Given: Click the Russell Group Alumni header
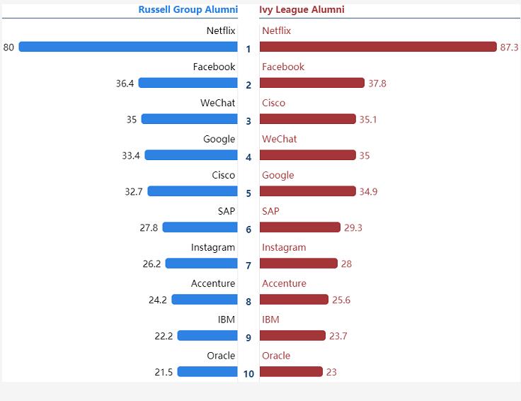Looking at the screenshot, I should click(188, 10).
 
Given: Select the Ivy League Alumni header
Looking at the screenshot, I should click(302, 10).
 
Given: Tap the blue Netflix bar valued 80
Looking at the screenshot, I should click(128, 47).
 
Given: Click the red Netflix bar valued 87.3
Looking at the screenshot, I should click(378, 47).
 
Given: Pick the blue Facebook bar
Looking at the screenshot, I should click(188, 83).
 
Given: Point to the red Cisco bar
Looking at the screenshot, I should click(307, 119).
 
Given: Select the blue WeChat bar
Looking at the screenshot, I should click(189, 119).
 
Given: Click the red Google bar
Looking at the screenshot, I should click(307, 191).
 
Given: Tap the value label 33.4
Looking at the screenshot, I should click(131, 156).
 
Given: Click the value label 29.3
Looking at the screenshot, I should click(353, 228).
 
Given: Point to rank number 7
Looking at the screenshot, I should click(248, 266).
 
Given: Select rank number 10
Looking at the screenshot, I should click(248, 374).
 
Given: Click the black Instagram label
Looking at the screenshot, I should click(213, 247).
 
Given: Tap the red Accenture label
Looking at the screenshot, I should click(284, 283).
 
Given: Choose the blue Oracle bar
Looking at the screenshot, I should click(207, 372).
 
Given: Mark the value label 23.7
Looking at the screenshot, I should click(338, 337).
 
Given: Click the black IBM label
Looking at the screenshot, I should click(227, 320).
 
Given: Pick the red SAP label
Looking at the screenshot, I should click(270, 211).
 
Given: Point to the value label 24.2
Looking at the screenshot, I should click(158, 300).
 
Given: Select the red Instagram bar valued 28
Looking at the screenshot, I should click(298, 264).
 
